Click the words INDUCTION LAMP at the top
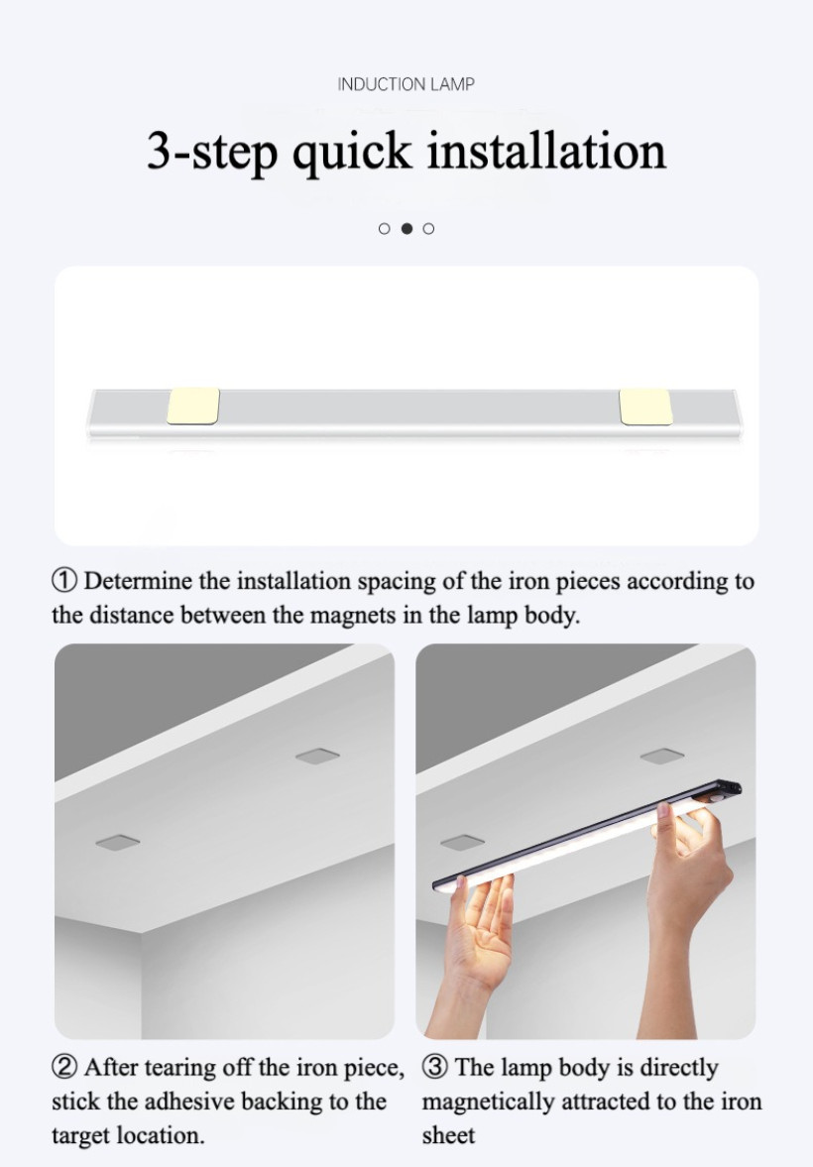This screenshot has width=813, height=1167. click(406, 84)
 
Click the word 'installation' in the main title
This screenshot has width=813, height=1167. click(546, 151)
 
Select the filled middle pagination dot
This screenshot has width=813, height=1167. click(406, 228)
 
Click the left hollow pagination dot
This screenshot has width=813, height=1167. click(384, 228)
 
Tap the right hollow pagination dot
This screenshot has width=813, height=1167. click(429, 228)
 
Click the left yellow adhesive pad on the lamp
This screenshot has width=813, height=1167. click(192, 406)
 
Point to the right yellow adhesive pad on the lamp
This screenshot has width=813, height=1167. click(645, 407)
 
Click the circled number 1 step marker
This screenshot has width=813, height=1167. click(64, 580)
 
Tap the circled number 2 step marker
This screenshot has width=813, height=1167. click(64, 1067)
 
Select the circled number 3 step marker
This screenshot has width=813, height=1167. click(435, 1067)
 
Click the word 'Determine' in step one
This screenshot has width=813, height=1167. click(139, 580)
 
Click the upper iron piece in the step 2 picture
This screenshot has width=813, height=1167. click(318, 757)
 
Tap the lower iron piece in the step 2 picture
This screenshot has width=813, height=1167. click(118, 842)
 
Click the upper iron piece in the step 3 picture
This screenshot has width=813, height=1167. click(662, 757)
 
